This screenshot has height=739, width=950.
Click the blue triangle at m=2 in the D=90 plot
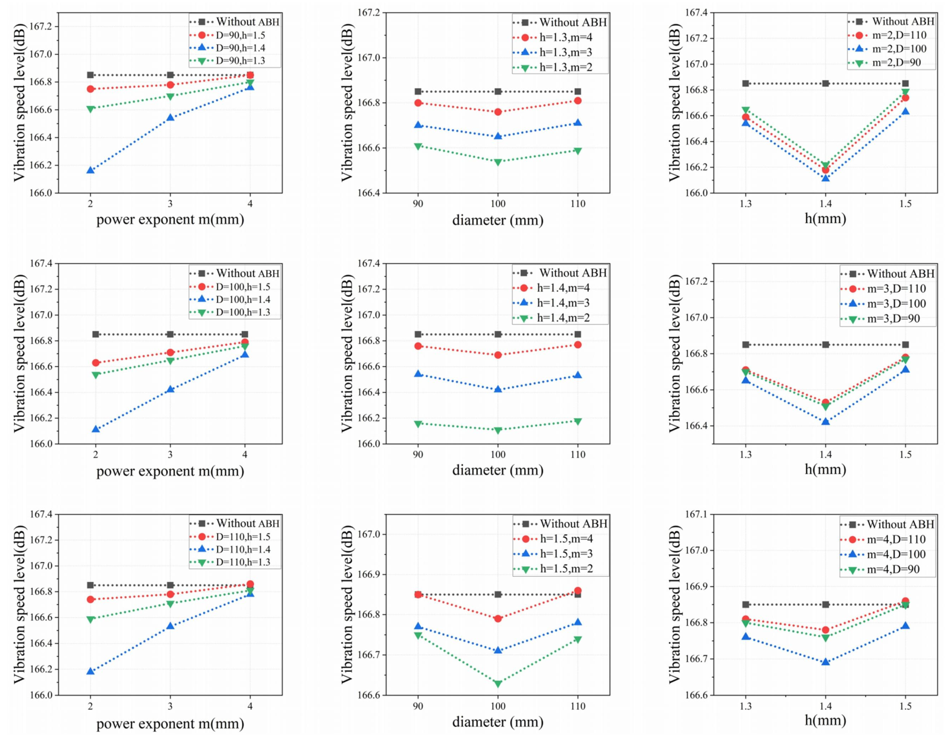pyautogui.click(x=90, y=170)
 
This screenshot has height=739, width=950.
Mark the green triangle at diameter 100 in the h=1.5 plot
pyautogui.click(x=498, y=684)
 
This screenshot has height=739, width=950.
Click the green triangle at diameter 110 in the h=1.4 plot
pyautogui.click(x=578, y=421)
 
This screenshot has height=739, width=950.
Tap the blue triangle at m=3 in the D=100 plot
pyautogui.click(x=170, y=389)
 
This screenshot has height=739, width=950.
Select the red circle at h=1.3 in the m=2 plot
pyautogui.click(x=746, y=117)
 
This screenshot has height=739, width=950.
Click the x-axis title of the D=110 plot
pyautogui.click(x=170, y=723)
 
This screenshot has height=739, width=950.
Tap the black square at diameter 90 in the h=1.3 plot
pyautogui.click(x=418, y=91)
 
